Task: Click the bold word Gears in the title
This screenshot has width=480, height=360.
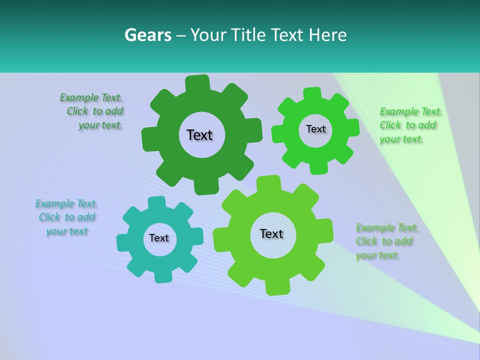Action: (x=147, y=35)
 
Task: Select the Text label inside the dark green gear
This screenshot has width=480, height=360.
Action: (x=200, y=135)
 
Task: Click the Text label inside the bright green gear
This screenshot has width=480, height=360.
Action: (x=315, y=129)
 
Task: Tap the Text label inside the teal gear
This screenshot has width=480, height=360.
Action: (x=159, y=238)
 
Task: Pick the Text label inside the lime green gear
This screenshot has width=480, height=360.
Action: (x=271, y=233)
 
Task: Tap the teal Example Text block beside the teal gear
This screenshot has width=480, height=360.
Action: (x=67, y=217)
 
